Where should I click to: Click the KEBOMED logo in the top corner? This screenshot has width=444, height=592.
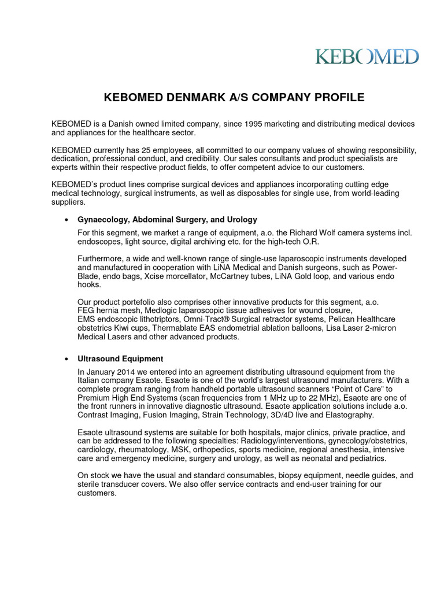(367, 56)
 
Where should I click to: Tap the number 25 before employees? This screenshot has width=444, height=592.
(147, 150)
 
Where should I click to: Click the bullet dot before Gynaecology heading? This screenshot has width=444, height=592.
(67, 220)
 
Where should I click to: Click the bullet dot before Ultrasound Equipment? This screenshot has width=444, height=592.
(67, 359)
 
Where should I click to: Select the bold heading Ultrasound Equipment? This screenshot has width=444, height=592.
(120, 359)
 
